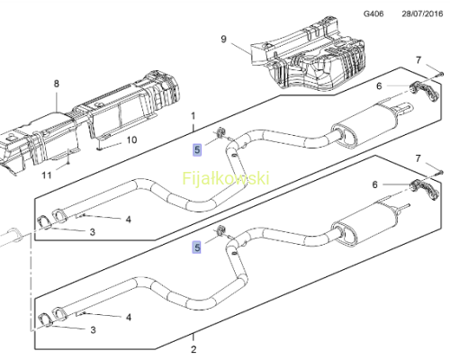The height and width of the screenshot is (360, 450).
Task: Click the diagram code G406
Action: [x=373, y=13]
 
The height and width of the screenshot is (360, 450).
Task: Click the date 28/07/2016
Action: [x=422, y=13]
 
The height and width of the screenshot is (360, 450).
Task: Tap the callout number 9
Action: [x=223, y=40]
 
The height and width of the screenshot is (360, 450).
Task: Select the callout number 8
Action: [x=57, y=84]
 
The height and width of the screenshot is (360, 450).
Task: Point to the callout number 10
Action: [x=131, y=140]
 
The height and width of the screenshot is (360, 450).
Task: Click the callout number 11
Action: [x=47, y=175]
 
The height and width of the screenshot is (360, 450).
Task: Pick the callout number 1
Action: [x=193, y=116]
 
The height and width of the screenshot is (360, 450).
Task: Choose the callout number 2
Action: [x=193, y=349]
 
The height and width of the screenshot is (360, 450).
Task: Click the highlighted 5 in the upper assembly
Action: [x=197, y=149]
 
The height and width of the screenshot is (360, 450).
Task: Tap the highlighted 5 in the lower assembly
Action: [x=197, y=247]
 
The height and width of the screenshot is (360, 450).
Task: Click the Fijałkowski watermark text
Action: [x=226, y=178]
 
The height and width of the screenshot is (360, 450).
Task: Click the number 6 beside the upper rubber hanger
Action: [x=379, y=86]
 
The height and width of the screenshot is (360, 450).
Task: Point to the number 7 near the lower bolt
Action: [x=418, y=158]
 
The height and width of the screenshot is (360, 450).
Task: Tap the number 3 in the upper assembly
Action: [x=93, y=232]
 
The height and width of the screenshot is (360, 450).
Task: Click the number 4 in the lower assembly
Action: [x=129, y=317]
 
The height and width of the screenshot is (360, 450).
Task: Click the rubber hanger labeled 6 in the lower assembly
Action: [x=425, y=190]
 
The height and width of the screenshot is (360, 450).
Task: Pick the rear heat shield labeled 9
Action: [x=309, y=54]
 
